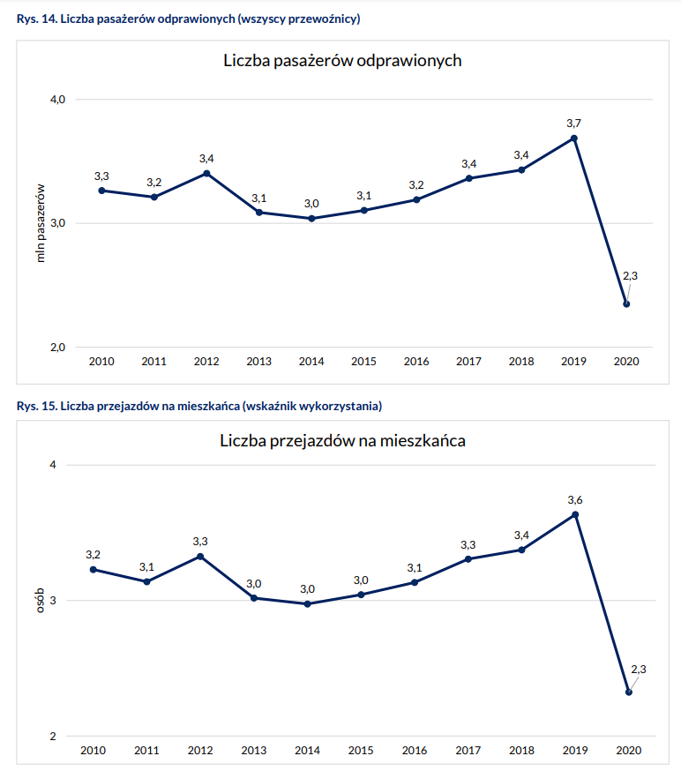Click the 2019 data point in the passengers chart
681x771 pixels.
pyautogui.click(x=574, y=138)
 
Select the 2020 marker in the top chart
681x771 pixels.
pyautogui.click(x=626, y=304)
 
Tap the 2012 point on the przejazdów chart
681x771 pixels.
pyautogui.click(x=200, y=557)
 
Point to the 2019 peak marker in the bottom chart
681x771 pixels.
pyautogui.click(x=575, y=515)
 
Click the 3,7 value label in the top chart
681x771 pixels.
pyautogui.click(x=573, y=123)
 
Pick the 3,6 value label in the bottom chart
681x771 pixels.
pyautogui.click(x=575, y=500)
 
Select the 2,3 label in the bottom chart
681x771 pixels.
pyautogui.click(x=639, y=670)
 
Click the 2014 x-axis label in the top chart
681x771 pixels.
pyautogui.click(x=311, y=362)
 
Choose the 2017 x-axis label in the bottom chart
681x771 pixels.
pyautogui.click(x=468, y=751)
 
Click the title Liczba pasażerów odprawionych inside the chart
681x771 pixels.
pyautogui.click(x=342, y=62)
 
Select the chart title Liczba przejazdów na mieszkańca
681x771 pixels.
pyautogui.click(x=342, y=440)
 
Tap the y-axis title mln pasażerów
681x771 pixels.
pyautogui.click(x=40, y=223)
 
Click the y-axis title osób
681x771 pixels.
pyautogui.click(x=40, y=601)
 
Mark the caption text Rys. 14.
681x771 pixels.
pyautogui.click(x=36, y=19)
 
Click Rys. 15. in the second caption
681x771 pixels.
pyautogui.click(x=36, y=407)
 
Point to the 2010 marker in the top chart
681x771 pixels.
pyautogui.click(x=101, y=191)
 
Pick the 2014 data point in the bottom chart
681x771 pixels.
pyautogui.click(x=307, y=604)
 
